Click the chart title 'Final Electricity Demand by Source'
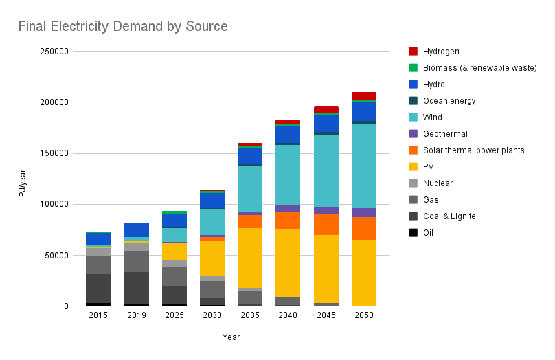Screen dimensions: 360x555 point(123,27)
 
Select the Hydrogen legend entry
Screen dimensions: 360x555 point(441,52)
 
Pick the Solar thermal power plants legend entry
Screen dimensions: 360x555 point(473,150)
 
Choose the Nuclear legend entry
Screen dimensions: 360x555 point(438,183)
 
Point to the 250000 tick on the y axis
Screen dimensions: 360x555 point(54,52)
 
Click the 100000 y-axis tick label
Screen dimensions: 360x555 point(54,204)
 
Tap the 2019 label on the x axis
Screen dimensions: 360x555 point(137,315)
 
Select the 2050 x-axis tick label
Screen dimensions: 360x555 point(363,315)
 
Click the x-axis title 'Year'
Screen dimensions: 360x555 point(231,337)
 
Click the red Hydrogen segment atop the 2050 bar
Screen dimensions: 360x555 point(363,95)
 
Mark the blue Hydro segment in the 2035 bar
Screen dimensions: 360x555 point(250,156)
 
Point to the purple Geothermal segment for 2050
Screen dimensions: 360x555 point(363,212)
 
